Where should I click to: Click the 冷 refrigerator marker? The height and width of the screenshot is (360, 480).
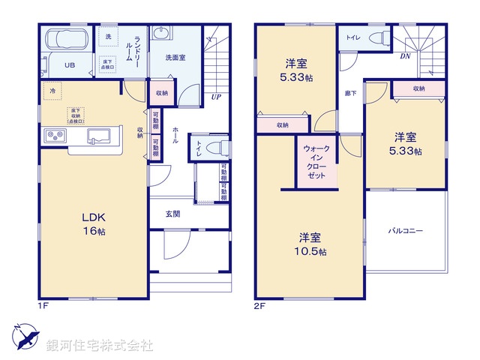(x=52, y=91)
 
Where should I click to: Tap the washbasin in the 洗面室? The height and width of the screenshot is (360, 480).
(x=161, y=33)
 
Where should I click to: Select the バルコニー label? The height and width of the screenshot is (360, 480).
(x=405, y=231)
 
